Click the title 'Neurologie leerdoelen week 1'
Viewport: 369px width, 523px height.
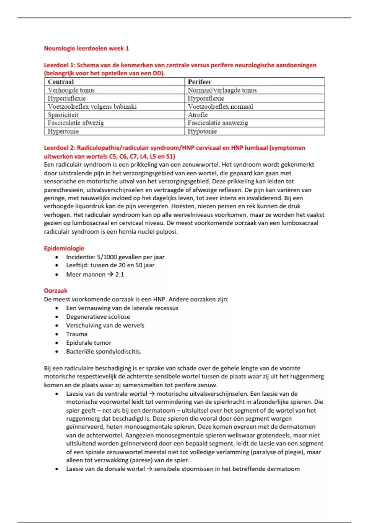tap(86, 48)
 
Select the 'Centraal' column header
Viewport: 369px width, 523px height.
tap(61, 82)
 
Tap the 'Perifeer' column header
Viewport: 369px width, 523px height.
tap(200, 82)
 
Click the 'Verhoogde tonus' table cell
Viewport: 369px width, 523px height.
tap(71, 90)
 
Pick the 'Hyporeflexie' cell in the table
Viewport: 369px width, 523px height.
tap(206, 98)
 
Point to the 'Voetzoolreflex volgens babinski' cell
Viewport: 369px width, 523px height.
tap(92, 107)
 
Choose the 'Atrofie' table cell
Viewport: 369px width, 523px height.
tap(198, 115)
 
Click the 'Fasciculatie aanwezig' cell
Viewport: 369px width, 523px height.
tap(218, 123)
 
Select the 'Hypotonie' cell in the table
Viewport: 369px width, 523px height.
tap(202, 131)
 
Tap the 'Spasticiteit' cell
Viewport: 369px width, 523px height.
tap(63, 115)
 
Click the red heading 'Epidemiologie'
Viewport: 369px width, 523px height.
tap(64, 248)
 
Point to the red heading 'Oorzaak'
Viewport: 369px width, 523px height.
tap(56, 291)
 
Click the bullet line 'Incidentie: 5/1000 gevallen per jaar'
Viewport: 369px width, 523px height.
tap(115, 257)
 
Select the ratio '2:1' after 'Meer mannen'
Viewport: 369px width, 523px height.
tap(120, 274)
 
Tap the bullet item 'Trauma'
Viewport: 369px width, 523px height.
tap(77, 334)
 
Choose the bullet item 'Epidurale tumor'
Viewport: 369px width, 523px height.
tap(89, 343)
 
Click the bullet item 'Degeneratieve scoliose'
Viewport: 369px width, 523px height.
tap(98, 317)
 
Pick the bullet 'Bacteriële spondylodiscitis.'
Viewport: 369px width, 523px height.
tap(104, 351)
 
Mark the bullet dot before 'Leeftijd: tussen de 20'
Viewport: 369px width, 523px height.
tap(57, 265)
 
